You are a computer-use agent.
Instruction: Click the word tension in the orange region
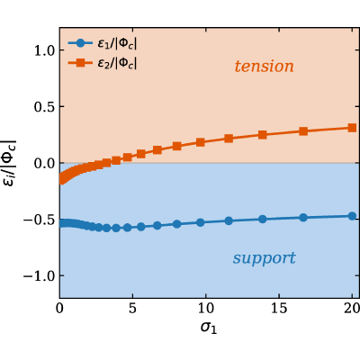[264, 67]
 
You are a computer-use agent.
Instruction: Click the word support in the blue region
[264, 258]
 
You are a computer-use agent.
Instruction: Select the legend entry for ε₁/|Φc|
[103, 44]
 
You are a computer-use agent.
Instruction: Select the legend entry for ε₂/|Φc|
[103, 63]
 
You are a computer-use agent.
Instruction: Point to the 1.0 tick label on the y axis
[44, 50]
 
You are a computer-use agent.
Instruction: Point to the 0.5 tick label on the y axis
[44, 106]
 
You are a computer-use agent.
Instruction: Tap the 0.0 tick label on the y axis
[44, 163]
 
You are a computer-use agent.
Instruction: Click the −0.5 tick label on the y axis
[38, 220]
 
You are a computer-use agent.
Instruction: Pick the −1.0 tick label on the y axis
[38, 275]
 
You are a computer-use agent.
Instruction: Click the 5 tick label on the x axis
[132, 309]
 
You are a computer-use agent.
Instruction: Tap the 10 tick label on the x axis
[206, 309]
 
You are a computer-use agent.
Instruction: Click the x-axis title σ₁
[209, 328]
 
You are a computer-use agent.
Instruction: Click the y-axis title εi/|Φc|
[11, 163]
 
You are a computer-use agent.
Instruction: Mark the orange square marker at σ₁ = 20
[352, 128]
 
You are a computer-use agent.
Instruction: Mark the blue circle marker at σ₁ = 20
[352, 216]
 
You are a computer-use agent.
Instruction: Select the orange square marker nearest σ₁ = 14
[263, 135]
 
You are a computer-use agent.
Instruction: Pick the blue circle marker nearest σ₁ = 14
[263, 219]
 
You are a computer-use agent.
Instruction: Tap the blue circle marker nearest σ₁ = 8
[177, 224]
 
